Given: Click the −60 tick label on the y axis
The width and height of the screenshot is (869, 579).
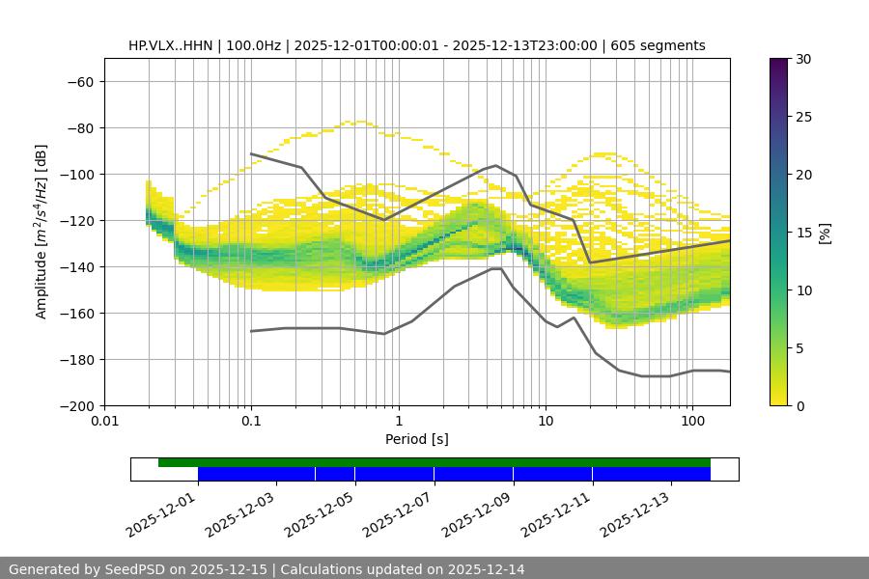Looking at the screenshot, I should click(x=79, y=81).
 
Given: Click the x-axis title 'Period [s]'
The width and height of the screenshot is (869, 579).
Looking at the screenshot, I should click(x=417, y=439).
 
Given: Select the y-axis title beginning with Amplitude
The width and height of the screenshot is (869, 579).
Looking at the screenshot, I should click(x=42, y=232).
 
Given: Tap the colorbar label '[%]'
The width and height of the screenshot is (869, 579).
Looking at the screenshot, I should click(x=825, y=232).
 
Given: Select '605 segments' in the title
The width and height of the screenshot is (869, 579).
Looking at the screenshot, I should click(x=659, y=45).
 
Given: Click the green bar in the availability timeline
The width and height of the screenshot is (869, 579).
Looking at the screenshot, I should click(x=434, y=462).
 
